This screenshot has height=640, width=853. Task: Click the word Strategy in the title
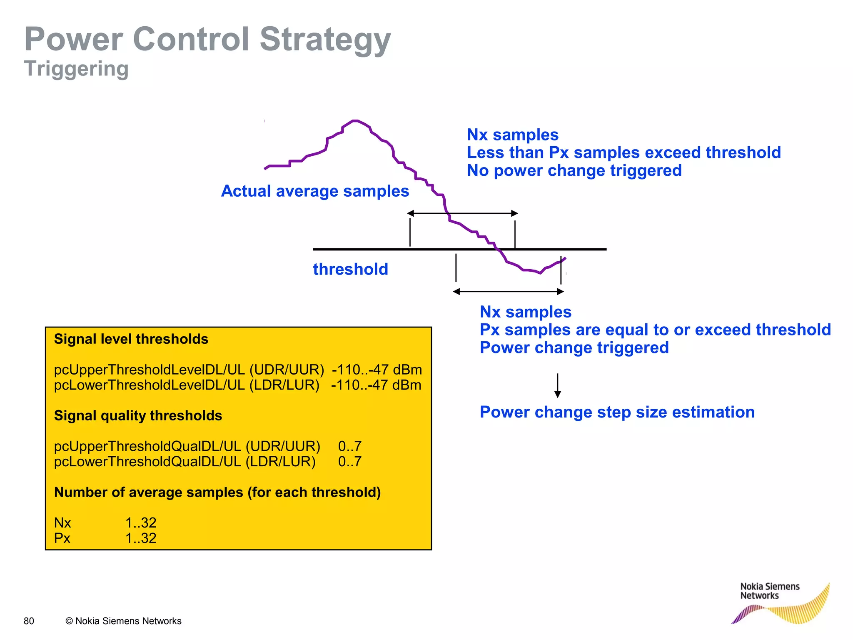pyautogui.click(x=325, y=40)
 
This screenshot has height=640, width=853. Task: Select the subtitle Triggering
pyautogui.click(x=76, y=69)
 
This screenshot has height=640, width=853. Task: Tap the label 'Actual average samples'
pyautogui.click(x=315, y=191)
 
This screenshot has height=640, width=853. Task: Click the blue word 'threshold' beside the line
pyautogui.click(x=350, y=269)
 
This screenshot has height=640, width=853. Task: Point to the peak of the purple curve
pyautogui.click(x=355, y=121)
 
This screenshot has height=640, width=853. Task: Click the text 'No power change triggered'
pyautogui.click(x=574, y=170)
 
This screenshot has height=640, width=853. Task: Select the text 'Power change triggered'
pyautogui.click(x=574, y=347)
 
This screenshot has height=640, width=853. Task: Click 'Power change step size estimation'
pyautogui.click(x=617, y=412)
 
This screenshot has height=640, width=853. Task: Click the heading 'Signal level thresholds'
pyautogui.click(x=131, y=339)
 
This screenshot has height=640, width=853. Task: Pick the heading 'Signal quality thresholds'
pyautogui.click(x=138, y=416)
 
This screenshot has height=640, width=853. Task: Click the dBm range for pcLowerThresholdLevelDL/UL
pyautogui.click(x=376, y=385)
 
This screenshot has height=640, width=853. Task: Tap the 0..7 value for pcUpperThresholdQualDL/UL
pyautogui.click(x=349, y=446)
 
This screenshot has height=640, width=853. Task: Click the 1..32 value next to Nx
pyautogui.click(x=141, y=522)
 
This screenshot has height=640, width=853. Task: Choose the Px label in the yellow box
pyautogui.click(x=62, y=538)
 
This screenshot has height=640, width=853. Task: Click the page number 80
pyautogui.click(x=29, y=621)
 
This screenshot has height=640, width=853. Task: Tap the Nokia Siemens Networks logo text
pyautogui.click(x=769, y=591)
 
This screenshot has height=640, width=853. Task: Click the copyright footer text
pyautogui.click(x=124, y=621)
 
